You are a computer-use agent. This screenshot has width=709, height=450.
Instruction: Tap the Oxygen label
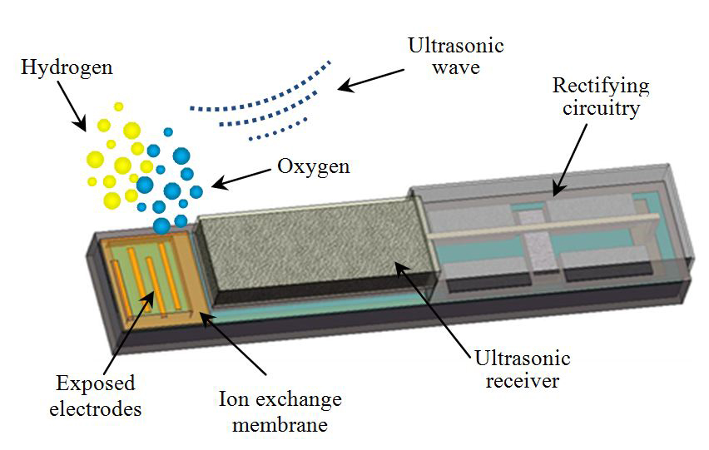[x=313, y=166]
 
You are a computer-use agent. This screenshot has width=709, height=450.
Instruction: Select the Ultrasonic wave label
[x=445, y=54]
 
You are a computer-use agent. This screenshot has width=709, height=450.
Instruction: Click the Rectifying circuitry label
[x=601, y=96]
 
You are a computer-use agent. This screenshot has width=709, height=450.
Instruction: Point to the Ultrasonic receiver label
[x=522, y=370]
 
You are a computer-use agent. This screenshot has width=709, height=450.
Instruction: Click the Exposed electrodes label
[x=95, y=397]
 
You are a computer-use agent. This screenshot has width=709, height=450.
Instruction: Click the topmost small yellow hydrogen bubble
[x=119, y=106]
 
